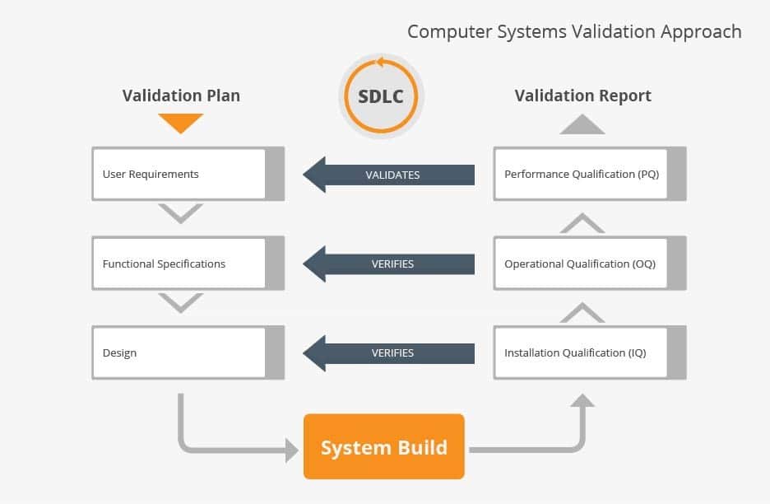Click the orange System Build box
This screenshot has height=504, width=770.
[x=384, y=446]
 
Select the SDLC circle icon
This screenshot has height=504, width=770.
[x=381, y=96]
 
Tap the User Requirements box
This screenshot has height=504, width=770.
[x=188, y=174]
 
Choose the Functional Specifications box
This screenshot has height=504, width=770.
[x=188, y=263]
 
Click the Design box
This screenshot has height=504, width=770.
[x=188, y=352]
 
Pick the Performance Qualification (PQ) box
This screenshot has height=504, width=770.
[x=590, y=174]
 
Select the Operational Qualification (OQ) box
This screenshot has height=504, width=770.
[x=590, y=263]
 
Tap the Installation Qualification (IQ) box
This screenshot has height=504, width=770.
[x=590, y=352]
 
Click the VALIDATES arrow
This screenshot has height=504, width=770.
[x=389, y=175]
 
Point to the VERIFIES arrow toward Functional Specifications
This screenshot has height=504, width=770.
[x=389, y=264]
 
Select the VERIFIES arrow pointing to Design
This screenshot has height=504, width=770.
[x=389, y=353]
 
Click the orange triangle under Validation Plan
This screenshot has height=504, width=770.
[x=181, y=123]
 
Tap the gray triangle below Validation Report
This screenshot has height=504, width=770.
[x=582, y=124]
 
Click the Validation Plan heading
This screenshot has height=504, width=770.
[x=181, y=96]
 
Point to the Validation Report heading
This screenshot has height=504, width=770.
[x=583, y=96]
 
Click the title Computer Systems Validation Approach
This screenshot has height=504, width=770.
[x=574, y=31]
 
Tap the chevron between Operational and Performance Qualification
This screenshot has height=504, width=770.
[x=582, y=222]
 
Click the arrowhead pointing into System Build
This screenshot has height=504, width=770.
[x=292, y=450]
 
